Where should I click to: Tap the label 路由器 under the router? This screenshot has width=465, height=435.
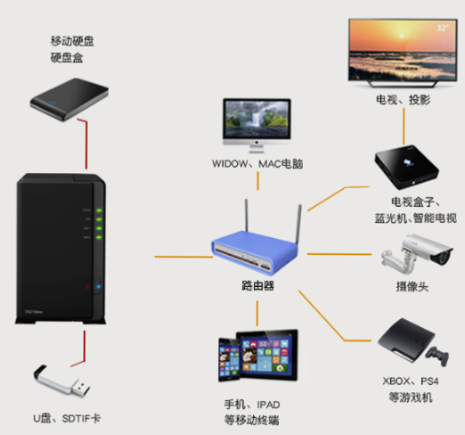tap(257, 287)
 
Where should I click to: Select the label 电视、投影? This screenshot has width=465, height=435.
tap(403, 101)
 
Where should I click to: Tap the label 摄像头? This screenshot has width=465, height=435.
tap(412, 287)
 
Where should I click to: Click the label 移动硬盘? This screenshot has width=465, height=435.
tap(73, 41)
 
